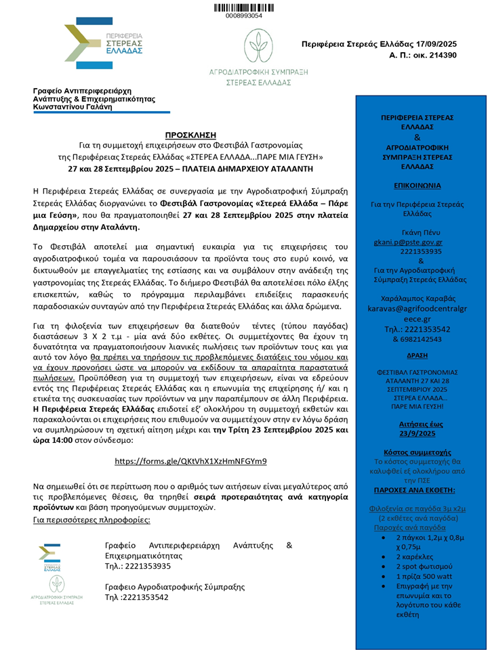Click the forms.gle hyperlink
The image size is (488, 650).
[190, 460]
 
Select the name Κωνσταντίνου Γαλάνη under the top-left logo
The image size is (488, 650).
[75, 107]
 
